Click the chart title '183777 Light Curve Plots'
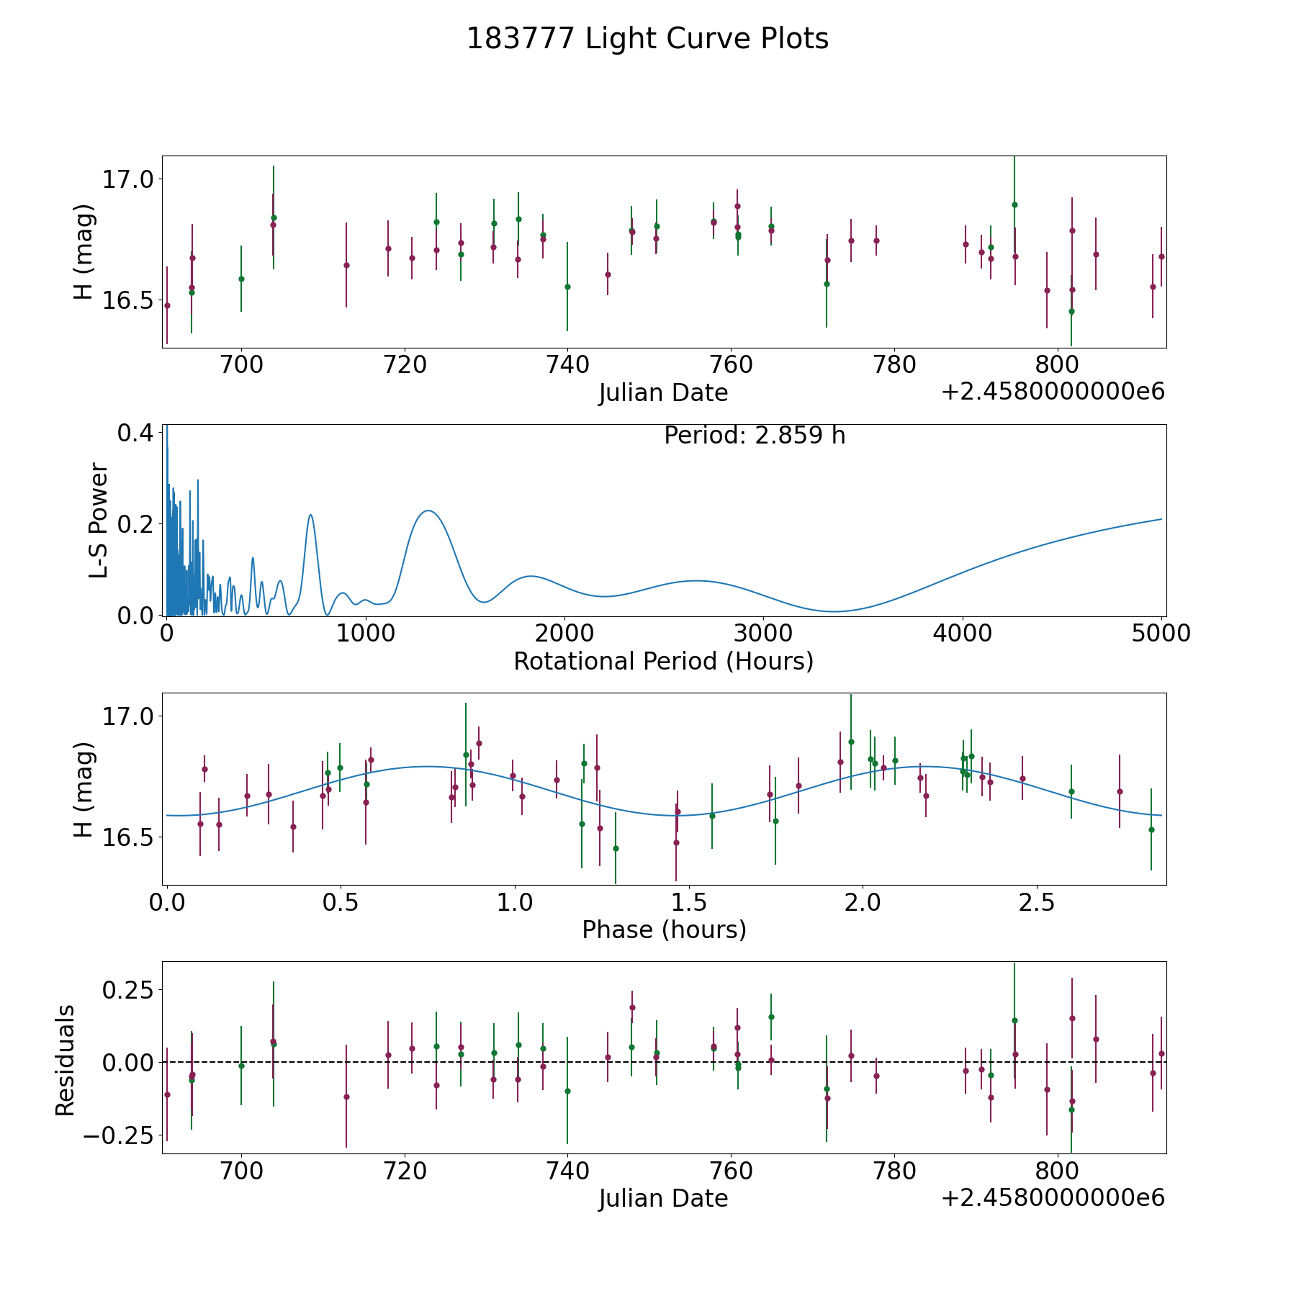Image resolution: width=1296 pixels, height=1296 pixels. click(x=647, y=39)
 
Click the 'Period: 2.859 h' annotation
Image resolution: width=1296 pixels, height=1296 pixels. click(x=754, y=436)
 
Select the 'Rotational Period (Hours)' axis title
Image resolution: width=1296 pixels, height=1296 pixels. click(x=663, y=661)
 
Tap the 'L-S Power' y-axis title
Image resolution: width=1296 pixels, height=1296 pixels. click(x=99, y=521)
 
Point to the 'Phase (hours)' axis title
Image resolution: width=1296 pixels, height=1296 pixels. click(x=664, y=930)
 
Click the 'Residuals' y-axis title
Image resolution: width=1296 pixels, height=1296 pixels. click(x=66, y=1060)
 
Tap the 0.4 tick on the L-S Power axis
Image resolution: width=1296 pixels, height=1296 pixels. click(x=135, y=433)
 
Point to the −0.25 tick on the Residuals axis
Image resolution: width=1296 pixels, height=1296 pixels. click(x=117, y=1135)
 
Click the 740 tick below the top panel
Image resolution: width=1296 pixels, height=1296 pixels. click(x=567, y=365)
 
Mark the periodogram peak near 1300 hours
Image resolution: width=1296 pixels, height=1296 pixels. click(x=428, y=510)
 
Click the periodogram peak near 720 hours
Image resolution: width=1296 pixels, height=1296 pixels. click(x=310, y=515)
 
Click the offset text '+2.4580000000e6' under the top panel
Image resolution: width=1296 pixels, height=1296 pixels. click(x=1053, y=392)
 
